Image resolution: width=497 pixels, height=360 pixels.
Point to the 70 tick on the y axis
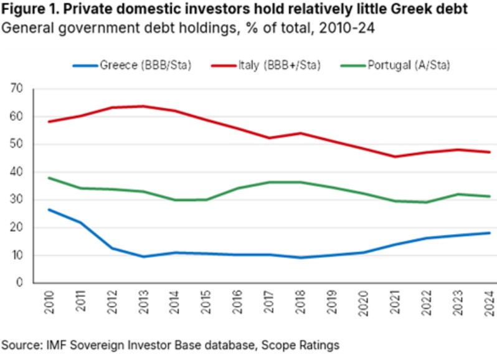coord(17,89)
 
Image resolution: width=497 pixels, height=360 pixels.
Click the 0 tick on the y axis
coord(20,283)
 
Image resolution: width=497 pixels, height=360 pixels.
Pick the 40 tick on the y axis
coord(17,172)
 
